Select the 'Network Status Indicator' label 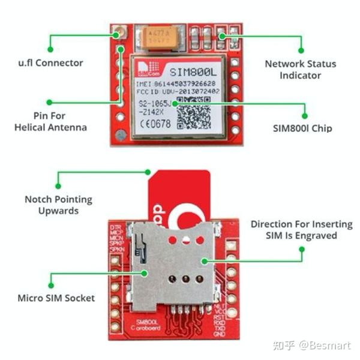(301, 70)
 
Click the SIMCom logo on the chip (144, 67)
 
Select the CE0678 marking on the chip (155, 125)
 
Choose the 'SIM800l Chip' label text (301, 128)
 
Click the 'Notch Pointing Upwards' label (58, 205)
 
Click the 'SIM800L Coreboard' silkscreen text (146, 326)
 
